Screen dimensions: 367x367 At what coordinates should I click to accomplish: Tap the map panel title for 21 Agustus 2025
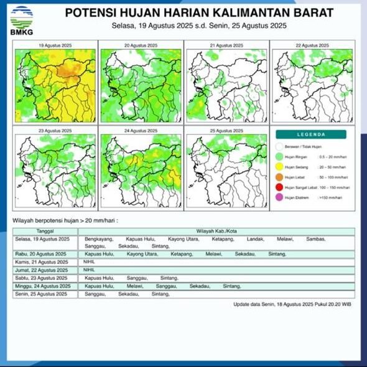[226, 45]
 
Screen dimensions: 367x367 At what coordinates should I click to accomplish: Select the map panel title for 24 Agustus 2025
[141, 131]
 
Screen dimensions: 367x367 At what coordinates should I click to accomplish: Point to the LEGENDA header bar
[312, 134]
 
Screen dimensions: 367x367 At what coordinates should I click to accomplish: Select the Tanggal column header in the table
[45, 231]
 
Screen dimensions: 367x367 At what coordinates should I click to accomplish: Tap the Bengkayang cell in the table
[99, 239]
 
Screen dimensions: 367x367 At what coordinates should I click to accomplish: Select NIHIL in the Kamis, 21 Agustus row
[91, 262]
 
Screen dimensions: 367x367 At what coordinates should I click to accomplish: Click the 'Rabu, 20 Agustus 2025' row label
[41, 254]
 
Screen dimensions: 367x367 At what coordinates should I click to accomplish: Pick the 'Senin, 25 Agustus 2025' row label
[42, 294]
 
